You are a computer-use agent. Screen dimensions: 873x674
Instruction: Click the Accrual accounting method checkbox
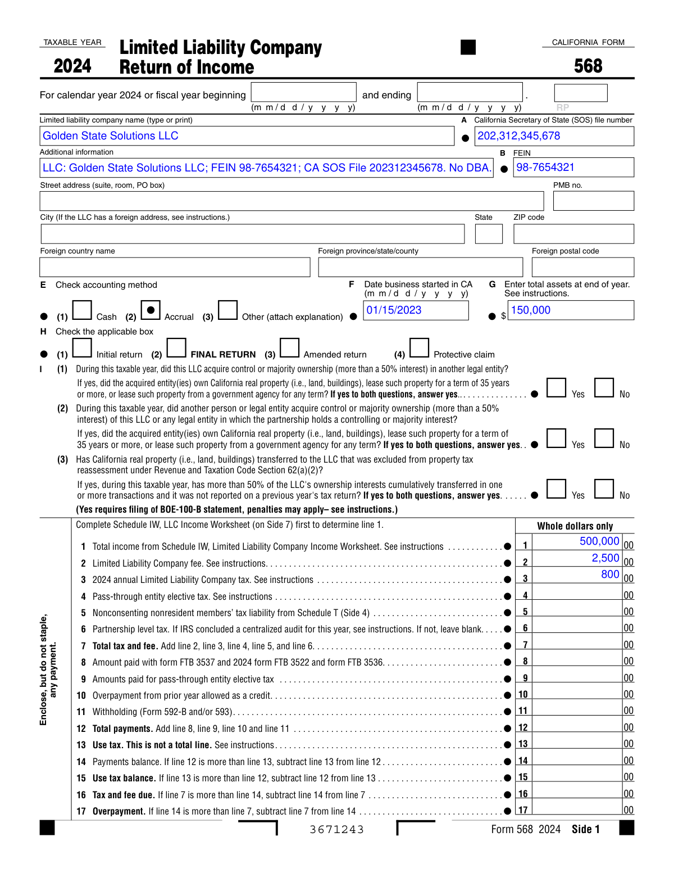[x=151, y=310]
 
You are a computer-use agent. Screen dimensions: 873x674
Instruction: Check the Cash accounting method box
[x=82, y=310]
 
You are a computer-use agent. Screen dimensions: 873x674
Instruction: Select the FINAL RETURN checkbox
[x=176, y=348]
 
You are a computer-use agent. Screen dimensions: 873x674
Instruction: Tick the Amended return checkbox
[x=289, y=348]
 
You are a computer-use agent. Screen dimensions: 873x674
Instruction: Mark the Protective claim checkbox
[x=419, y=348]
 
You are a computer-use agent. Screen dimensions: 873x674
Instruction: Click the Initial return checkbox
[x=82, y=348]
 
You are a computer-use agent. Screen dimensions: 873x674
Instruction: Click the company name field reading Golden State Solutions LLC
[x=247, y=136]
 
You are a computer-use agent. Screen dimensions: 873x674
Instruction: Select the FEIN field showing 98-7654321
[x=573, y=168]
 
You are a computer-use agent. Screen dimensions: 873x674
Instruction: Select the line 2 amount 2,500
[x=605, y=558]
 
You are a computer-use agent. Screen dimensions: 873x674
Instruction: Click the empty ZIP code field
[x=573, y=234]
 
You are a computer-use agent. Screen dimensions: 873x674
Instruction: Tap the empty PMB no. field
[x=593, y=201]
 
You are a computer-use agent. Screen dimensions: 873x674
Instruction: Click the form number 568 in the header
[x=588, y=66]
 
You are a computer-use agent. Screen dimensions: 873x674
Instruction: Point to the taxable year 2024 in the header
[x=72, y=66]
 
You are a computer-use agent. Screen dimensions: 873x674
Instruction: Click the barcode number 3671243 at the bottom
[x=337, y=830]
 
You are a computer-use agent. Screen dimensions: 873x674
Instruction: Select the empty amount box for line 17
[x=577, y=809]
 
